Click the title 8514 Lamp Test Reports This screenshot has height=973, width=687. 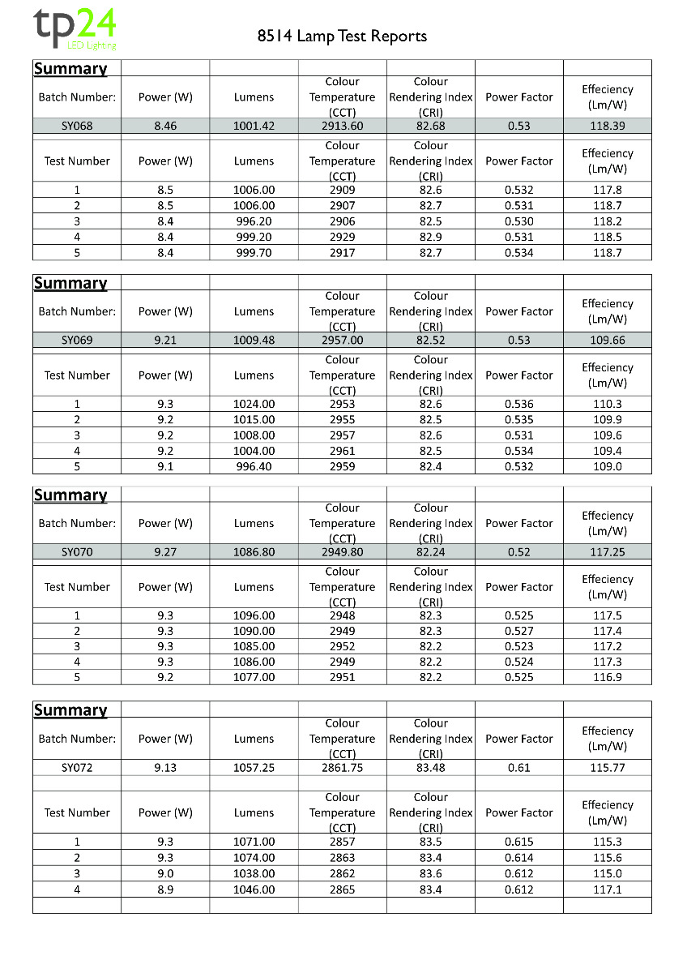pyautogui.click(x=342, y=36)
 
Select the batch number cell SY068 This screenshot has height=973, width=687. pyautogui.click(x=77, y=126)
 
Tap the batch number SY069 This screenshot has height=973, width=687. pyautogui.click(x=77, y=341)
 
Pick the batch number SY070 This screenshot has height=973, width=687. pyautogui.click(x=77, y=552)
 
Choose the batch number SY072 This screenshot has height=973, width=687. pyautogui.click(x=77, y=768)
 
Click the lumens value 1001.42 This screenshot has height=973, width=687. pyautogui.click(x=254, y=126)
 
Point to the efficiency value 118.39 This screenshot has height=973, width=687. pyautogui.click(x=607, y=126)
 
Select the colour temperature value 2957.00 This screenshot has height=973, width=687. pyautogui.click(x=342, y=341)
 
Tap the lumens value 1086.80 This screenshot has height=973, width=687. pyautogui.click(x=254, y=552)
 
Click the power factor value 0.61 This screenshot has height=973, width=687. pyautogui.click(x=518, y=768)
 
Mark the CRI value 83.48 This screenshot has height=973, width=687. pyautogui.click(x=430, y=768)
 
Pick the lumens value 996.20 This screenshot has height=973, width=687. pyautogui.click(x=254, y=221)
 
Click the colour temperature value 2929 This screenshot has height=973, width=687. pyautogui.click(x=342, y=237)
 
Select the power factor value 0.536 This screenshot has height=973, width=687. pyautogui.click(x=518, y=404)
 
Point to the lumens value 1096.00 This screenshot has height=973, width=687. pyautogui.click(x=254, y=615)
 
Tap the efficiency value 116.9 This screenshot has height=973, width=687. pyautogui.click(x=607, y=677)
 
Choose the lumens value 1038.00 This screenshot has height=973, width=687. pyautogui.click(x=254, y=873)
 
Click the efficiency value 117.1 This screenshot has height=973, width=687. pyautogui.click(x=607, y=889)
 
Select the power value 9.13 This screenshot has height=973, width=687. pyautogui.click(x=165, y=768)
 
